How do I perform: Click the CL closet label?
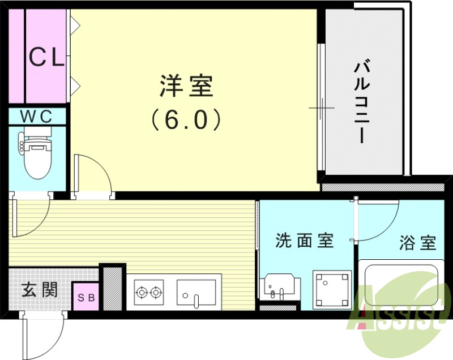46,57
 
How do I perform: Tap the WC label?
37,117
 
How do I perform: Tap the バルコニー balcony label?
362,102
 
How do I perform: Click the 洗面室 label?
304,241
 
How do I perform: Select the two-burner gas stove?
148,293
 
